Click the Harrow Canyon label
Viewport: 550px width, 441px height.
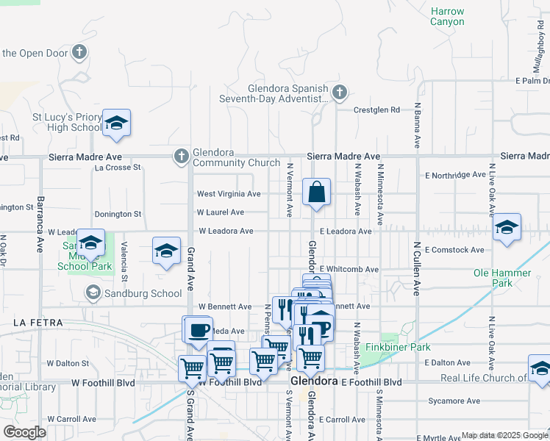[447, 17]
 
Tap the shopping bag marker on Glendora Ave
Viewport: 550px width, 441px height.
[316, 193]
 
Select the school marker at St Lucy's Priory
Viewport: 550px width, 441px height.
[116, 123]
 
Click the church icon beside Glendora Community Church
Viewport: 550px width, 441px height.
[182, 156]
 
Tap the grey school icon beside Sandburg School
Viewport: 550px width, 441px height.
[93, 293]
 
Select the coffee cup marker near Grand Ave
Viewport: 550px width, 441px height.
[199, 330]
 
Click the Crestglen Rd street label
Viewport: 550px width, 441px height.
[376, 110]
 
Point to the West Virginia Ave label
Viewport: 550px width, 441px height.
[229, 194]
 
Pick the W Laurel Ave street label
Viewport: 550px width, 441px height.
[221, 212]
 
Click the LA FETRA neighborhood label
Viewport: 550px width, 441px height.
[38, 323]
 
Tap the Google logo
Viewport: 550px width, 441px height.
[24, 432]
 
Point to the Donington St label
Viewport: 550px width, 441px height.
[118, 214]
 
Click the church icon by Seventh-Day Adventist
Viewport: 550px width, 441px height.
[339, 93]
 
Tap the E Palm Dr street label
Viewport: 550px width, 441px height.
[532, 80]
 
